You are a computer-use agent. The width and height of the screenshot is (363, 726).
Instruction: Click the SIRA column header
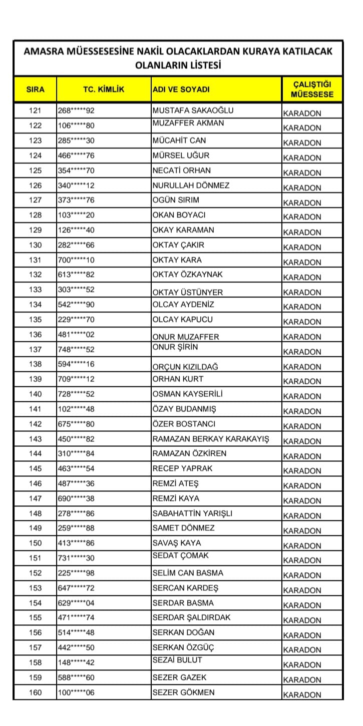[x=35, y=90]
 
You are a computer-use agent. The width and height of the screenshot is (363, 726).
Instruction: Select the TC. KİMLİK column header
[x=104, y=90]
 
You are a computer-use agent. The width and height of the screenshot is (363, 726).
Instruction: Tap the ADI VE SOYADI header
[x=181, y=90]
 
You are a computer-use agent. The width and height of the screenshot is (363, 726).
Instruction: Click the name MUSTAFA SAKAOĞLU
[x=193, y=111]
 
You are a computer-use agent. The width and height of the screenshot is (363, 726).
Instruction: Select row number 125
[x=36, y=170]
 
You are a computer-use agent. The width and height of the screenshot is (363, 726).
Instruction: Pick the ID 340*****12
[x=76, y=185]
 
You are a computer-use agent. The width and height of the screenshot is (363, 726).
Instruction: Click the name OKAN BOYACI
[x=179, y=215]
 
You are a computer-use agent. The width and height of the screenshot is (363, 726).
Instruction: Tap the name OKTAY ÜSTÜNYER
[x=187, y=292]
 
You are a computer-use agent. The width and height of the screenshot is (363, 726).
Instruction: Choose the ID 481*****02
[x=76, y=334]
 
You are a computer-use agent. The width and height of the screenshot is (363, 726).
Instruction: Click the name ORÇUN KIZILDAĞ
[x=185, y=367]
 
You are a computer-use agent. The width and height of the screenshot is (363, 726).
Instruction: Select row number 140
[x=36, y=394]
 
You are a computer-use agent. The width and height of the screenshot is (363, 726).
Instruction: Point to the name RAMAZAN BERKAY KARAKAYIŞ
[x=210, y=439]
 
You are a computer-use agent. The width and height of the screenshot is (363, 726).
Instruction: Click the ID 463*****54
[x=76, y=469]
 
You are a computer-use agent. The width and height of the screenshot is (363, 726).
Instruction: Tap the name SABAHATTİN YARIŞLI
[x=192, y=513]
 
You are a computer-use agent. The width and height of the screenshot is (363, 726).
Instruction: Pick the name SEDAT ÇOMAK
[x=180, y=555]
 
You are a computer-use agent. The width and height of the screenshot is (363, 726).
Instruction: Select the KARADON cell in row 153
[x=302, y=590]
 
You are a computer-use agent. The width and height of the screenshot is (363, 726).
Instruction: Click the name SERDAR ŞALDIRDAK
[x=191, y=617]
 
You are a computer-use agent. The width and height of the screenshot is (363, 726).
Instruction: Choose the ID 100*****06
[x=76, y=692]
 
